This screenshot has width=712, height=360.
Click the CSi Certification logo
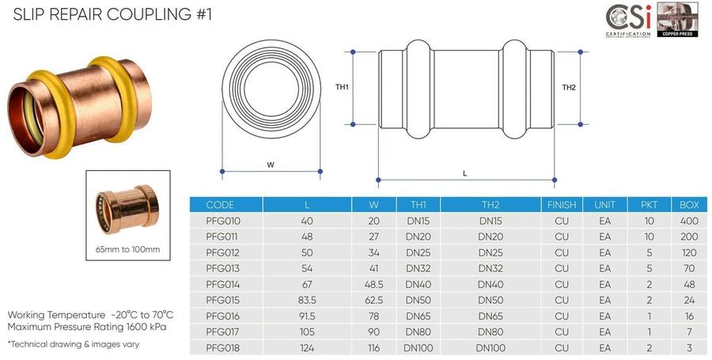(628, 21)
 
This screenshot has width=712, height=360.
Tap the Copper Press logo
(677, 20)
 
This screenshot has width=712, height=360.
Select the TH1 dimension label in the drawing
(342, 87)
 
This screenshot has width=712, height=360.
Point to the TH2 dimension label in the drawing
(569, 87)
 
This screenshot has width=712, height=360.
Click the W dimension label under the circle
(271, 165)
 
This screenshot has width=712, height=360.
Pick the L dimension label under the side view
(465, 173)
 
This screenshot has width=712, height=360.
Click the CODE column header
(220, 205)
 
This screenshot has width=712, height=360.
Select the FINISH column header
(562, 205)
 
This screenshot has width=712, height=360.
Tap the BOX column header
(689, 205)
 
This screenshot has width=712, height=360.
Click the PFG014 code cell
(222, 284)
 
